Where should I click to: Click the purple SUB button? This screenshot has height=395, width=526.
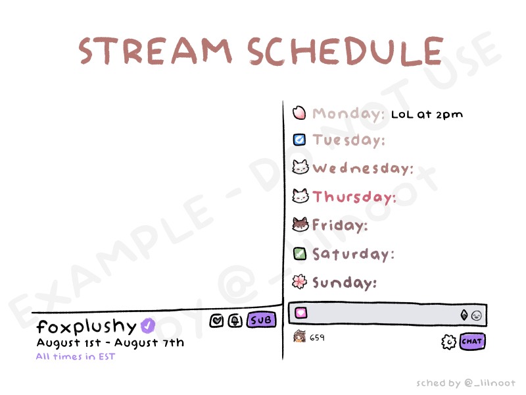[262, 320]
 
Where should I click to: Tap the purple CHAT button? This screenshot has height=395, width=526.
[472, 341]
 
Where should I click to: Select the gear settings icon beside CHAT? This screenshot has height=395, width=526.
[449, 342]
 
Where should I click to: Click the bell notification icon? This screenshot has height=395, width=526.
[235, 321]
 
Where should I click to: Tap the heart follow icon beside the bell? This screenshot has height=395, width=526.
[217, 321]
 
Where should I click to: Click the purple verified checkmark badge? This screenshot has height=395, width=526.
[147, 325]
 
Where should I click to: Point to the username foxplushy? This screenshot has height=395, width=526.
[87, 326]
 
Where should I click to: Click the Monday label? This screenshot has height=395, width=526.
[348, 114]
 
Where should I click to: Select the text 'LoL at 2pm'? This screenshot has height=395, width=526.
[427, 115]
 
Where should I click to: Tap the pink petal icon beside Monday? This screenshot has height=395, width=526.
[299, 113]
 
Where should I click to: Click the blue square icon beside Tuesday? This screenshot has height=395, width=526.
[299, 140]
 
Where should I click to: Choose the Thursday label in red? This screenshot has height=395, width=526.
[354, 197]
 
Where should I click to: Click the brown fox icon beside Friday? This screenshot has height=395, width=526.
[300, 224]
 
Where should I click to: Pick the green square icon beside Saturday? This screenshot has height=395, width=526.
[300, 253]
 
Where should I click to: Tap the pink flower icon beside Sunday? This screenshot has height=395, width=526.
[300, 282]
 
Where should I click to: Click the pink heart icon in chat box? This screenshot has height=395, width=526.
[301, 313]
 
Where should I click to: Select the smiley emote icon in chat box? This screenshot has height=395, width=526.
[476, 315]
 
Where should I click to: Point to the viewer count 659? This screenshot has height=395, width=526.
[317, 338]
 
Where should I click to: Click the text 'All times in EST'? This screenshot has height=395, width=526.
[76, 356]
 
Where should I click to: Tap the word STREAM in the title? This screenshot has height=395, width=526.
[155, 51]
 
